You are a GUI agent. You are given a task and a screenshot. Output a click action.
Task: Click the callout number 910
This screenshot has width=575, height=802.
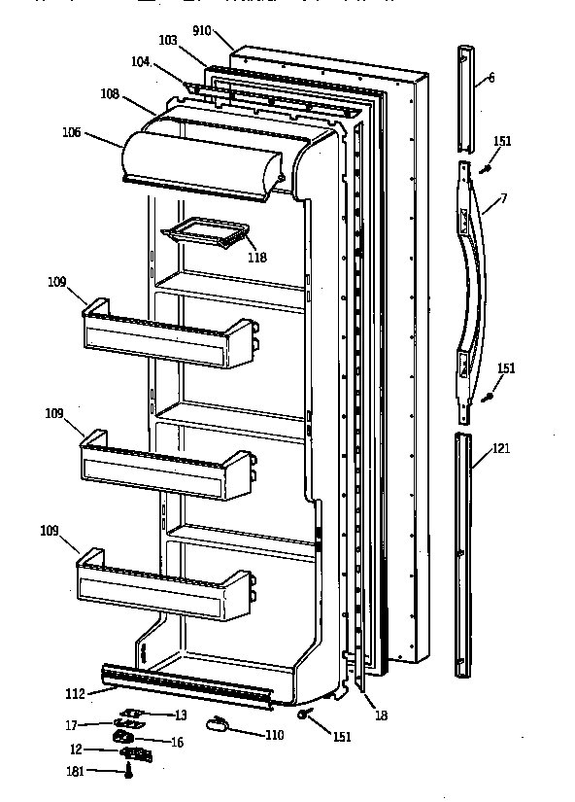[x=201, y=30]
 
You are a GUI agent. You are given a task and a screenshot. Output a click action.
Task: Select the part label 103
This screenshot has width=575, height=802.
[x=168, y=41]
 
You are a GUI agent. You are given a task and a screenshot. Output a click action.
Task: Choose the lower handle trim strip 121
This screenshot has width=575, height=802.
[x=464, y=554]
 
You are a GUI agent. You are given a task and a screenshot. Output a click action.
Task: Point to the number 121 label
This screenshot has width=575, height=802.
[x=500, y=448]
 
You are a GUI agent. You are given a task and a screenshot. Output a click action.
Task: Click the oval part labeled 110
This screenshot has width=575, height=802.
[x=217, y=724]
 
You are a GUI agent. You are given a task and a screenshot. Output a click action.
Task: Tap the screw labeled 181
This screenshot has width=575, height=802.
[x=128, y=771]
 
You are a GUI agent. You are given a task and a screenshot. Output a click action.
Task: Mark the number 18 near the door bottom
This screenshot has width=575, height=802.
[x=381, y=715]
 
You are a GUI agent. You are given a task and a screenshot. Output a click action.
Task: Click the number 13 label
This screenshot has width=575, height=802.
[x=181, y=715]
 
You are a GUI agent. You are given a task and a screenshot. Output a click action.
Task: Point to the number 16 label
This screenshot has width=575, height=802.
[x=178, y=742]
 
